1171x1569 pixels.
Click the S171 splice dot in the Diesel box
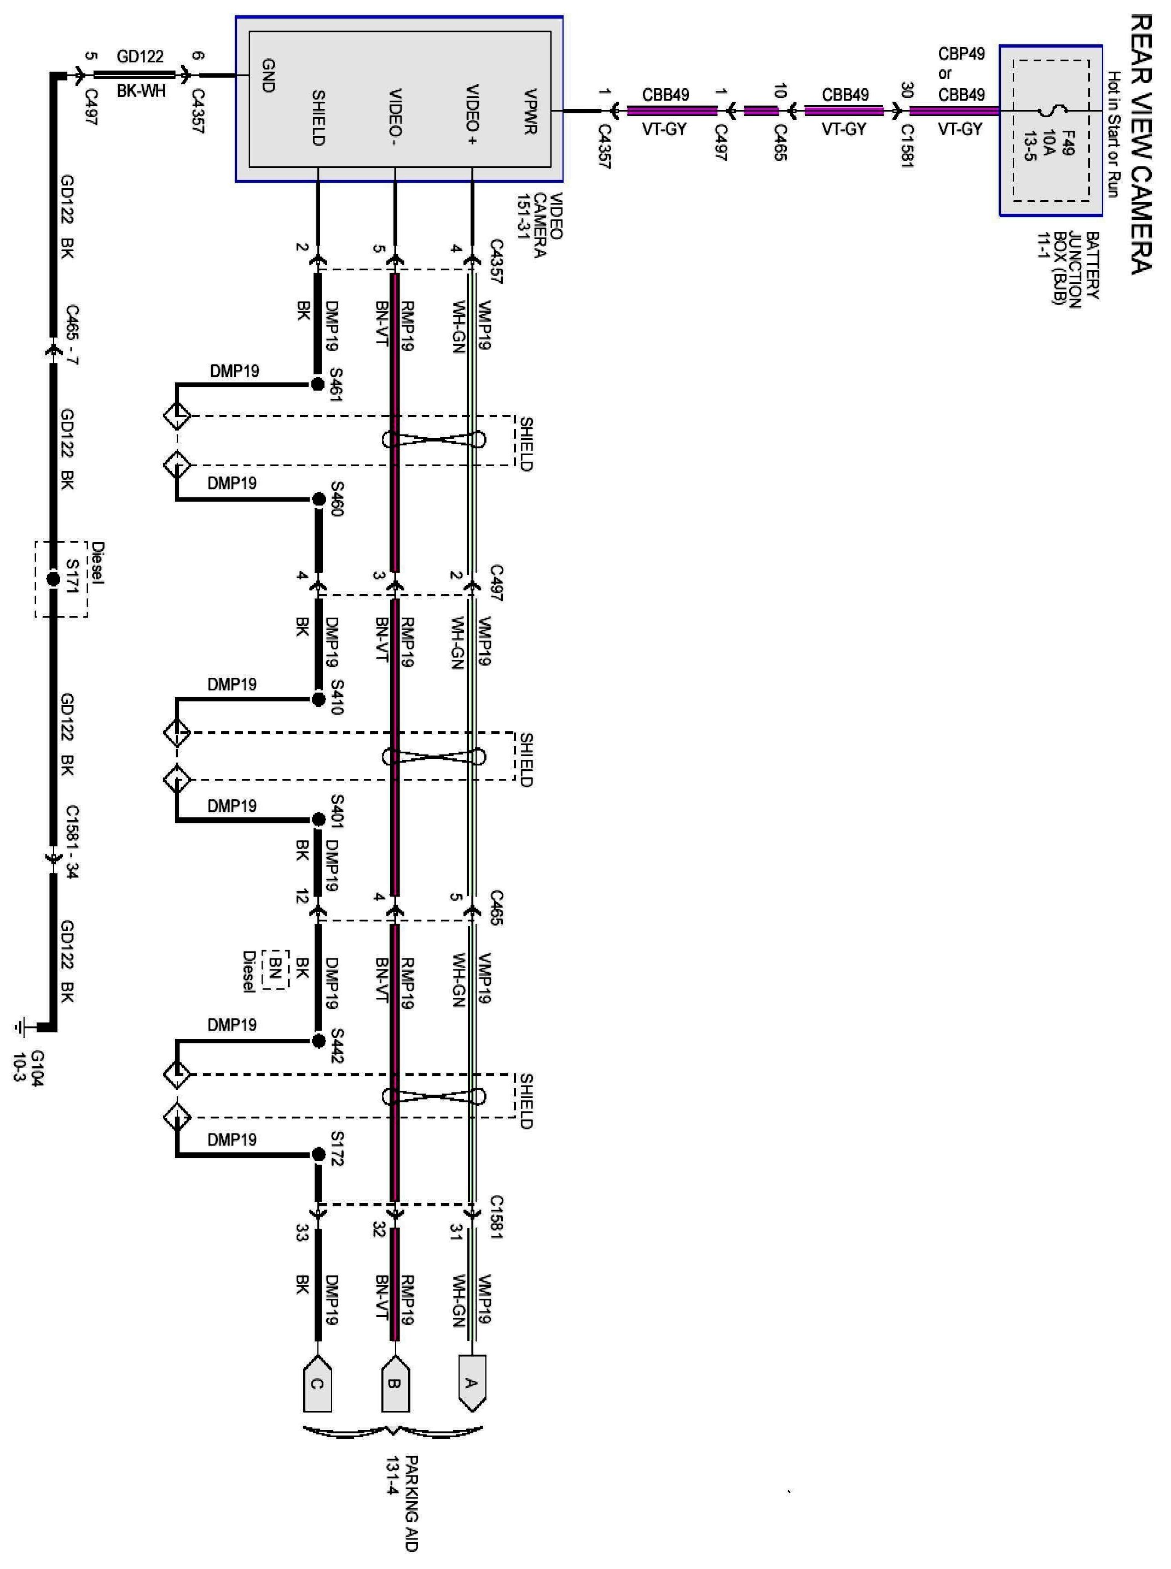[x=53, y=579]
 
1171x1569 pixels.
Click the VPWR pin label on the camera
[x=530, y=111]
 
